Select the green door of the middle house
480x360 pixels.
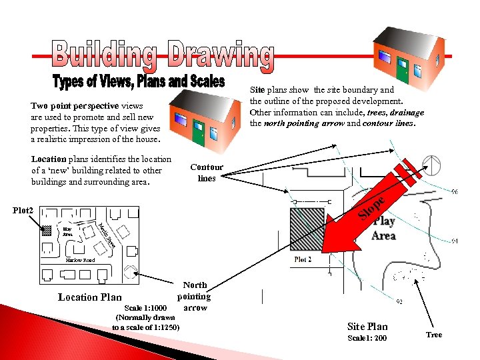[x=198, y=133]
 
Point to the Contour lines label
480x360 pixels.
[x=206, y=173]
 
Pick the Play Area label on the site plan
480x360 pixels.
[x=383, y=228]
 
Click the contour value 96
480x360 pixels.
[x=454, y=192]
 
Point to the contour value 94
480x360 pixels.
[x=454, y=241]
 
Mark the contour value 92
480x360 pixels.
[x=398, y=302]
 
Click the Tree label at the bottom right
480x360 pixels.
[x=434, y=335]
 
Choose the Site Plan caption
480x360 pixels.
[x=367, y=326]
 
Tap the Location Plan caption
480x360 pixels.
[x=90, y=297]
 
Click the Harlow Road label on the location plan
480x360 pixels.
[x=80, y=260]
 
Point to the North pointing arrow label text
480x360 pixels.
[x=194, y=297]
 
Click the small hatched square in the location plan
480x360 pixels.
[x=47, y=231]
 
